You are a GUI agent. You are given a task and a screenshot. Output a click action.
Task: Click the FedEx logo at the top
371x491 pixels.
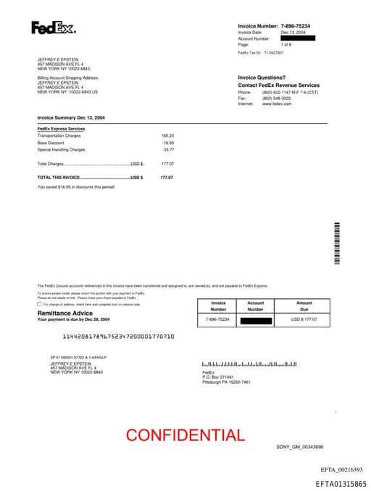point(53,28)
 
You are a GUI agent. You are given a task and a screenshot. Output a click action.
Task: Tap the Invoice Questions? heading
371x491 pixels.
point(262,77)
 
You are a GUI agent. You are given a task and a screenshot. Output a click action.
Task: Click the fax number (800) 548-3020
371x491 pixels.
point(276,98)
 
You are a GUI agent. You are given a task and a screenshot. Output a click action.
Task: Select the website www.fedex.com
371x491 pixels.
point(277,104)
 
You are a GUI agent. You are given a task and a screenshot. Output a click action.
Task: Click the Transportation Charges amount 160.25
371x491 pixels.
point(167,135)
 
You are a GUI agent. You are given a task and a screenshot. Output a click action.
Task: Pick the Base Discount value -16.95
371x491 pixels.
point(168,143)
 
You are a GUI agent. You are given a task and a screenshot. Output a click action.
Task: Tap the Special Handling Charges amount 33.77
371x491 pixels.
point(168,150)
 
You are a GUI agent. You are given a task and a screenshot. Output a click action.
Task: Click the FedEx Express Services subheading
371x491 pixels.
point(61,129)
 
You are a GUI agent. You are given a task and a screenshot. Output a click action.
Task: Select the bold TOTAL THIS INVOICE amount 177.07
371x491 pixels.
point(167,177)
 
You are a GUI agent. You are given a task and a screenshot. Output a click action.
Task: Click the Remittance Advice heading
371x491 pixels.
point(65,313)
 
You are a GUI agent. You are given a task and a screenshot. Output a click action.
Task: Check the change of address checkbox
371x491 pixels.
point(39,304)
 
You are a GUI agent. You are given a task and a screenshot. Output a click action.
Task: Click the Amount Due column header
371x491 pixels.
point(304,306)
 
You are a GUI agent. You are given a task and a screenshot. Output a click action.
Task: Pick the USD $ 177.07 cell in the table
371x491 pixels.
point(304,319)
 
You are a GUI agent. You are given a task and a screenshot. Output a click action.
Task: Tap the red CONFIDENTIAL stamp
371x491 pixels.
point(185,435)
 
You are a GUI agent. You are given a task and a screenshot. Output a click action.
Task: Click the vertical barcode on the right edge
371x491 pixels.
point(336,244)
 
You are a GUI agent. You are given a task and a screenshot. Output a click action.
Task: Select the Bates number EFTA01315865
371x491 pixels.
point(341,483)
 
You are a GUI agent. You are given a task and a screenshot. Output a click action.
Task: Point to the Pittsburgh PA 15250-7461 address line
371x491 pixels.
point(226,382)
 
